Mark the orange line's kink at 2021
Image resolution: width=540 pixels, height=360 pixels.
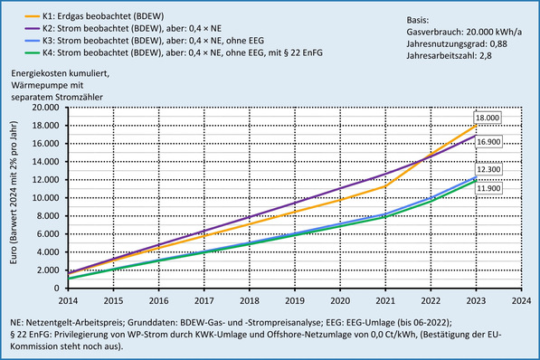point(387,186)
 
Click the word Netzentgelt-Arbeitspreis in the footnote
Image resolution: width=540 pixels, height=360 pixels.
point(81,321)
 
